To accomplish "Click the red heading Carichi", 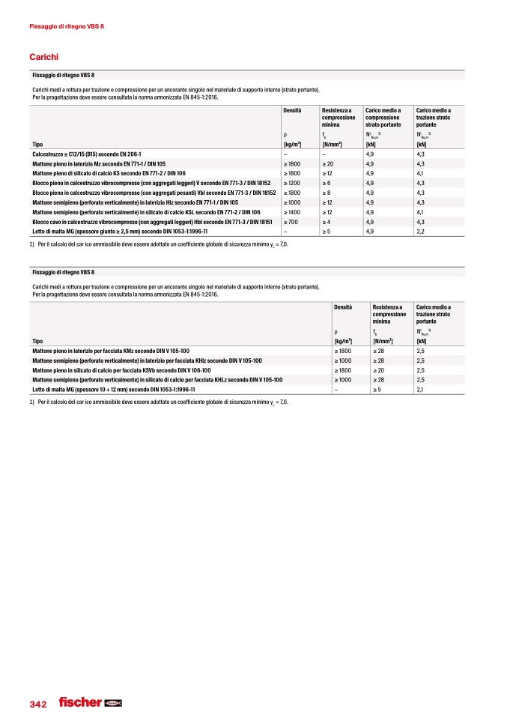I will pos(43,57).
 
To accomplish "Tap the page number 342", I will pos(38,705).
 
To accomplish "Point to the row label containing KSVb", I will pos(121,370).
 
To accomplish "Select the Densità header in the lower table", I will pos(343,307).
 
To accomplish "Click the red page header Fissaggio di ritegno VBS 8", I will pos(66,27).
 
